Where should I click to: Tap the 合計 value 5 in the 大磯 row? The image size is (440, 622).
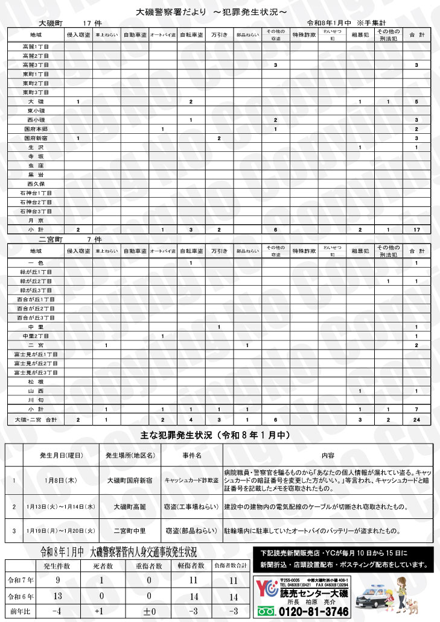click(416, 101)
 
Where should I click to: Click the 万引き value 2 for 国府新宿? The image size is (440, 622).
click(218, 138)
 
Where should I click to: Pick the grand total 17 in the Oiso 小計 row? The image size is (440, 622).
click(416, 230)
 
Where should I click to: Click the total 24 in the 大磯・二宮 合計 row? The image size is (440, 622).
click(416, 419)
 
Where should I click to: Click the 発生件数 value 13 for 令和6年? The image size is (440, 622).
click(57, 597)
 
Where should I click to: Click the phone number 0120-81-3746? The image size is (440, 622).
click(311, 612)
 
